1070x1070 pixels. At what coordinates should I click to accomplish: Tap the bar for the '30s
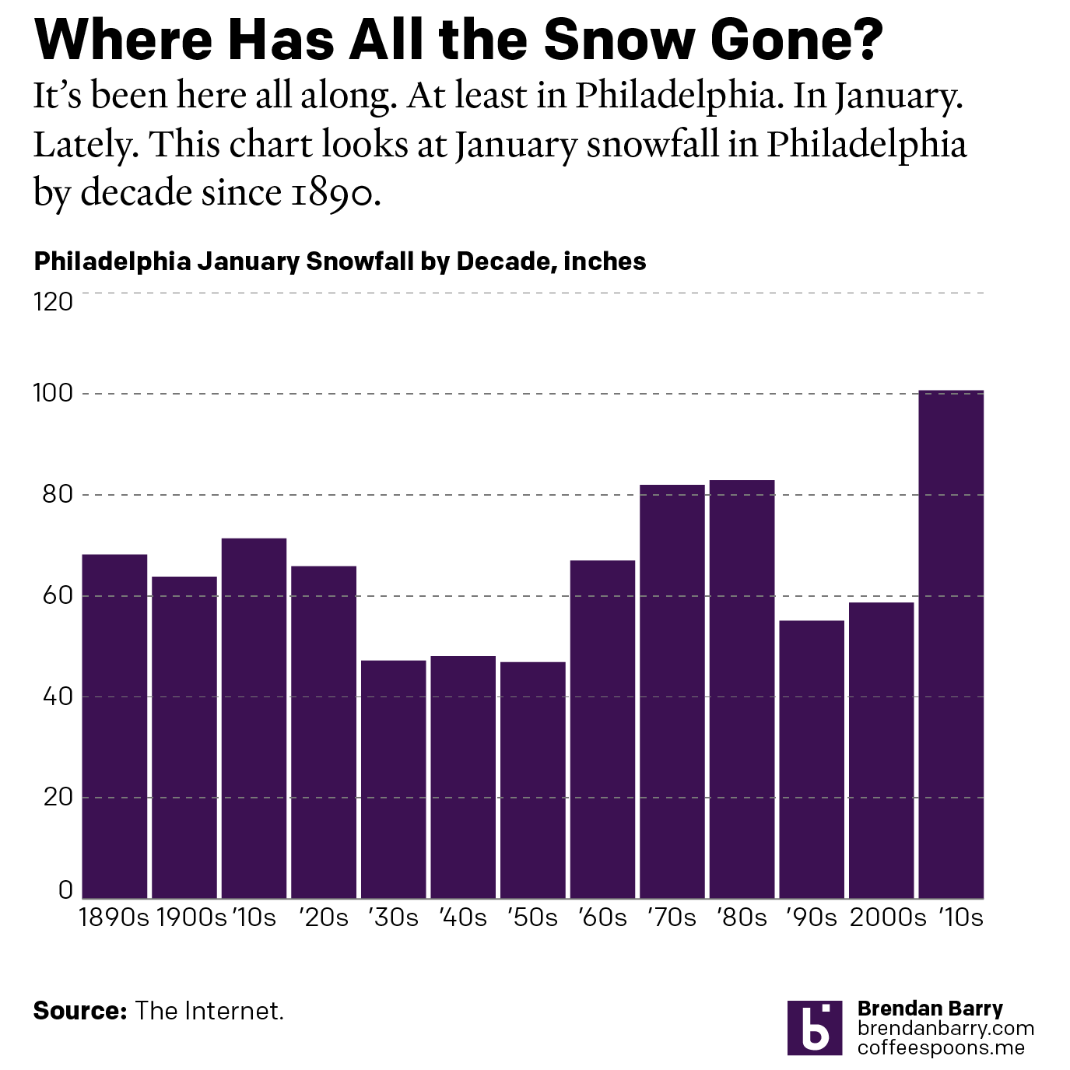(x=393, y=779)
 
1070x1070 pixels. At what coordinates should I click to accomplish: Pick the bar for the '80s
(x=742, y=689)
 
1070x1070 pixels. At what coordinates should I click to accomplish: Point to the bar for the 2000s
(x=881, y=750)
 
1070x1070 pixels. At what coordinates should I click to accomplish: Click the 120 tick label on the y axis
(x=53, y=302)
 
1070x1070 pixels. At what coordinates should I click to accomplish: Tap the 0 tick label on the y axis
(x=65, y=890)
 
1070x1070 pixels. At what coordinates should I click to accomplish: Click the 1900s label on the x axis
(x=191, y=918)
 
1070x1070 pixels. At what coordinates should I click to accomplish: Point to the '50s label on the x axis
(x=532, y=918)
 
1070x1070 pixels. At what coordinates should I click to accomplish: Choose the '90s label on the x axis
(x=811, y=918)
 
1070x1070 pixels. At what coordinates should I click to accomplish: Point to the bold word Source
(x=79, y=1011)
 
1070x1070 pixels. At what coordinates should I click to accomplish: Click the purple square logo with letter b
(x=814, y=1027)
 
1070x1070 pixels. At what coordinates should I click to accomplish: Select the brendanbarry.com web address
(x=945, y=1029)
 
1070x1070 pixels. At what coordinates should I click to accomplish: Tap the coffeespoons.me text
(x=941, y=1047)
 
